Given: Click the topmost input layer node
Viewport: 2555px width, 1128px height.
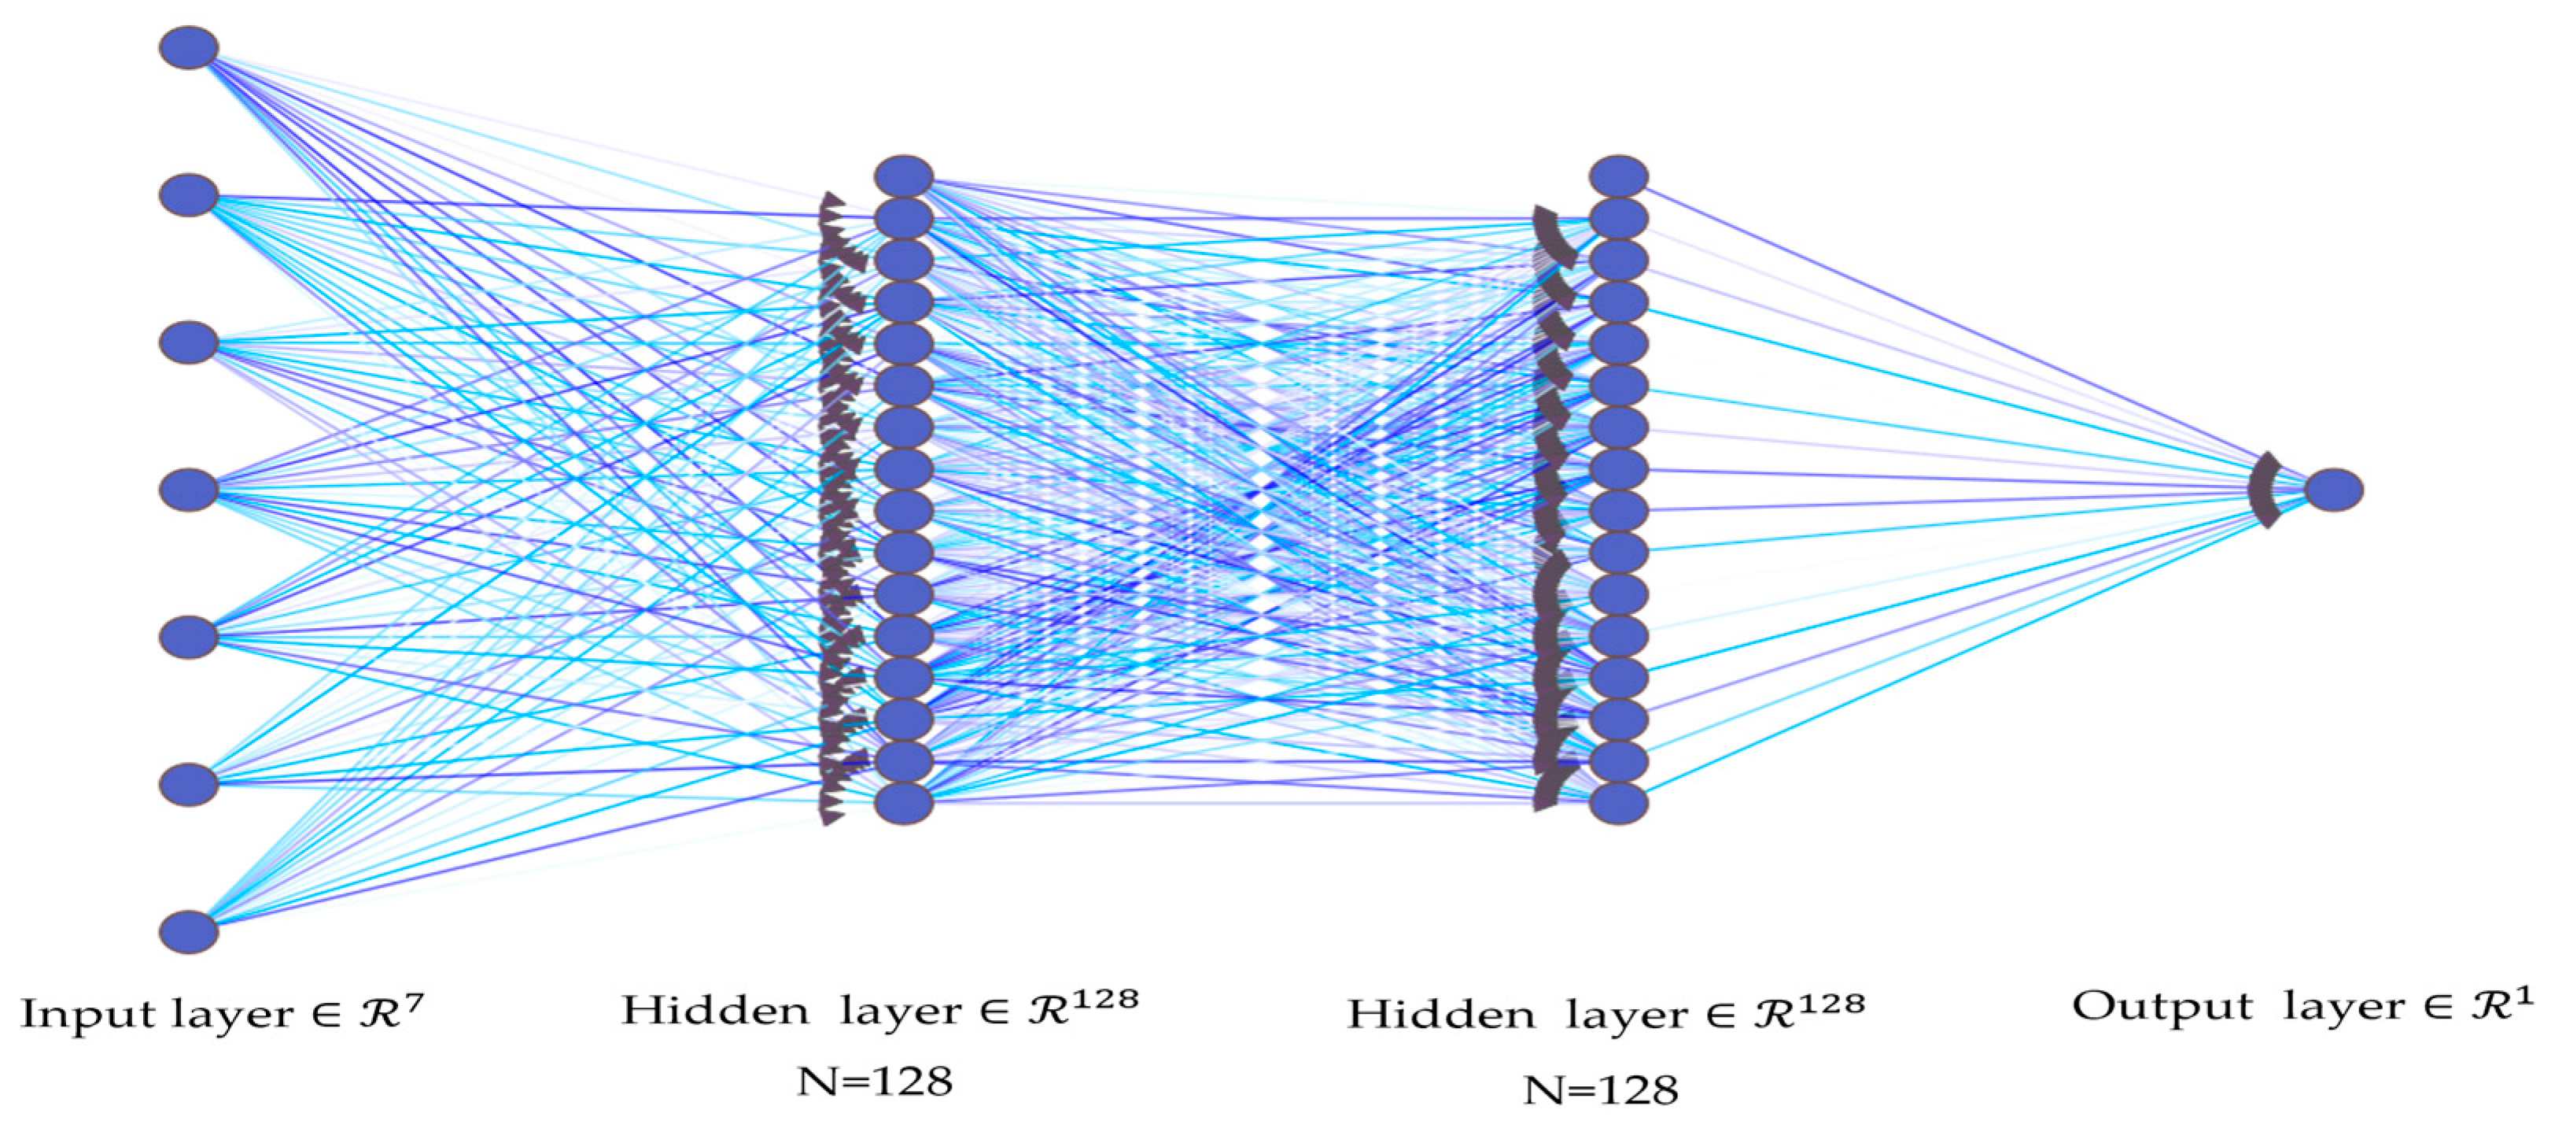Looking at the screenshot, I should [x=189, y=47].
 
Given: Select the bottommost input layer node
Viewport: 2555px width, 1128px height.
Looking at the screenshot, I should [x=189, y=931].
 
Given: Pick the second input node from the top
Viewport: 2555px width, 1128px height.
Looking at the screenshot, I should [x=189, y=195].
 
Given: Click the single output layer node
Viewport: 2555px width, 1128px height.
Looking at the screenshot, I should [x=2333, y=490].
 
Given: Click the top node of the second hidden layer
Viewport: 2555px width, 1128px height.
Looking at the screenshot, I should [x=1617, y=176].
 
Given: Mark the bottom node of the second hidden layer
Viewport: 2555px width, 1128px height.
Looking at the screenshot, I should [x=1617, y=803].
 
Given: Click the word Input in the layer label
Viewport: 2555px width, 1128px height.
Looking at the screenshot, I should [x=88, y=1015].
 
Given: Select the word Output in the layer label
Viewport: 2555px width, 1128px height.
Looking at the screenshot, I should [x=2162, y=1007].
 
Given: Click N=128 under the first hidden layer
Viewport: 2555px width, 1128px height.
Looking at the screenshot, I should [x=875, y=1081].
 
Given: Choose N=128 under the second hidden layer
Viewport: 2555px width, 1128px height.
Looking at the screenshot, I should [x=1601, y=1090].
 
